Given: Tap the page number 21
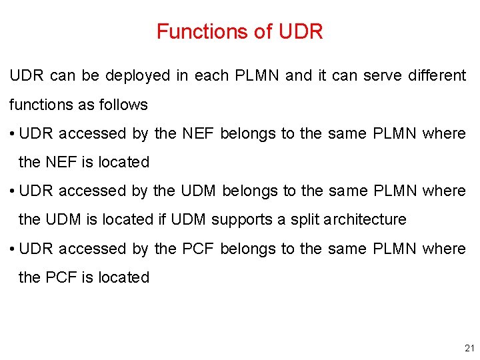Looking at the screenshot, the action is (468, 348).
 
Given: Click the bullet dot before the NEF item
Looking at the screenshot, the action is (13, 134).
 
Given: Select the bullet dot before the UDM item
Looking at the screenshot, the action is (13, 191).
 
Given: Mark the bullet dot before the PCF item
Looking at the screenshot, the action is (13, 249).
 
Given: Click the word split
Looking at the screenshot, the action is (306, 220).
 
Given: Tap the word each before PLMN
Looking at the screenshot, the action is (212, 76).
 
